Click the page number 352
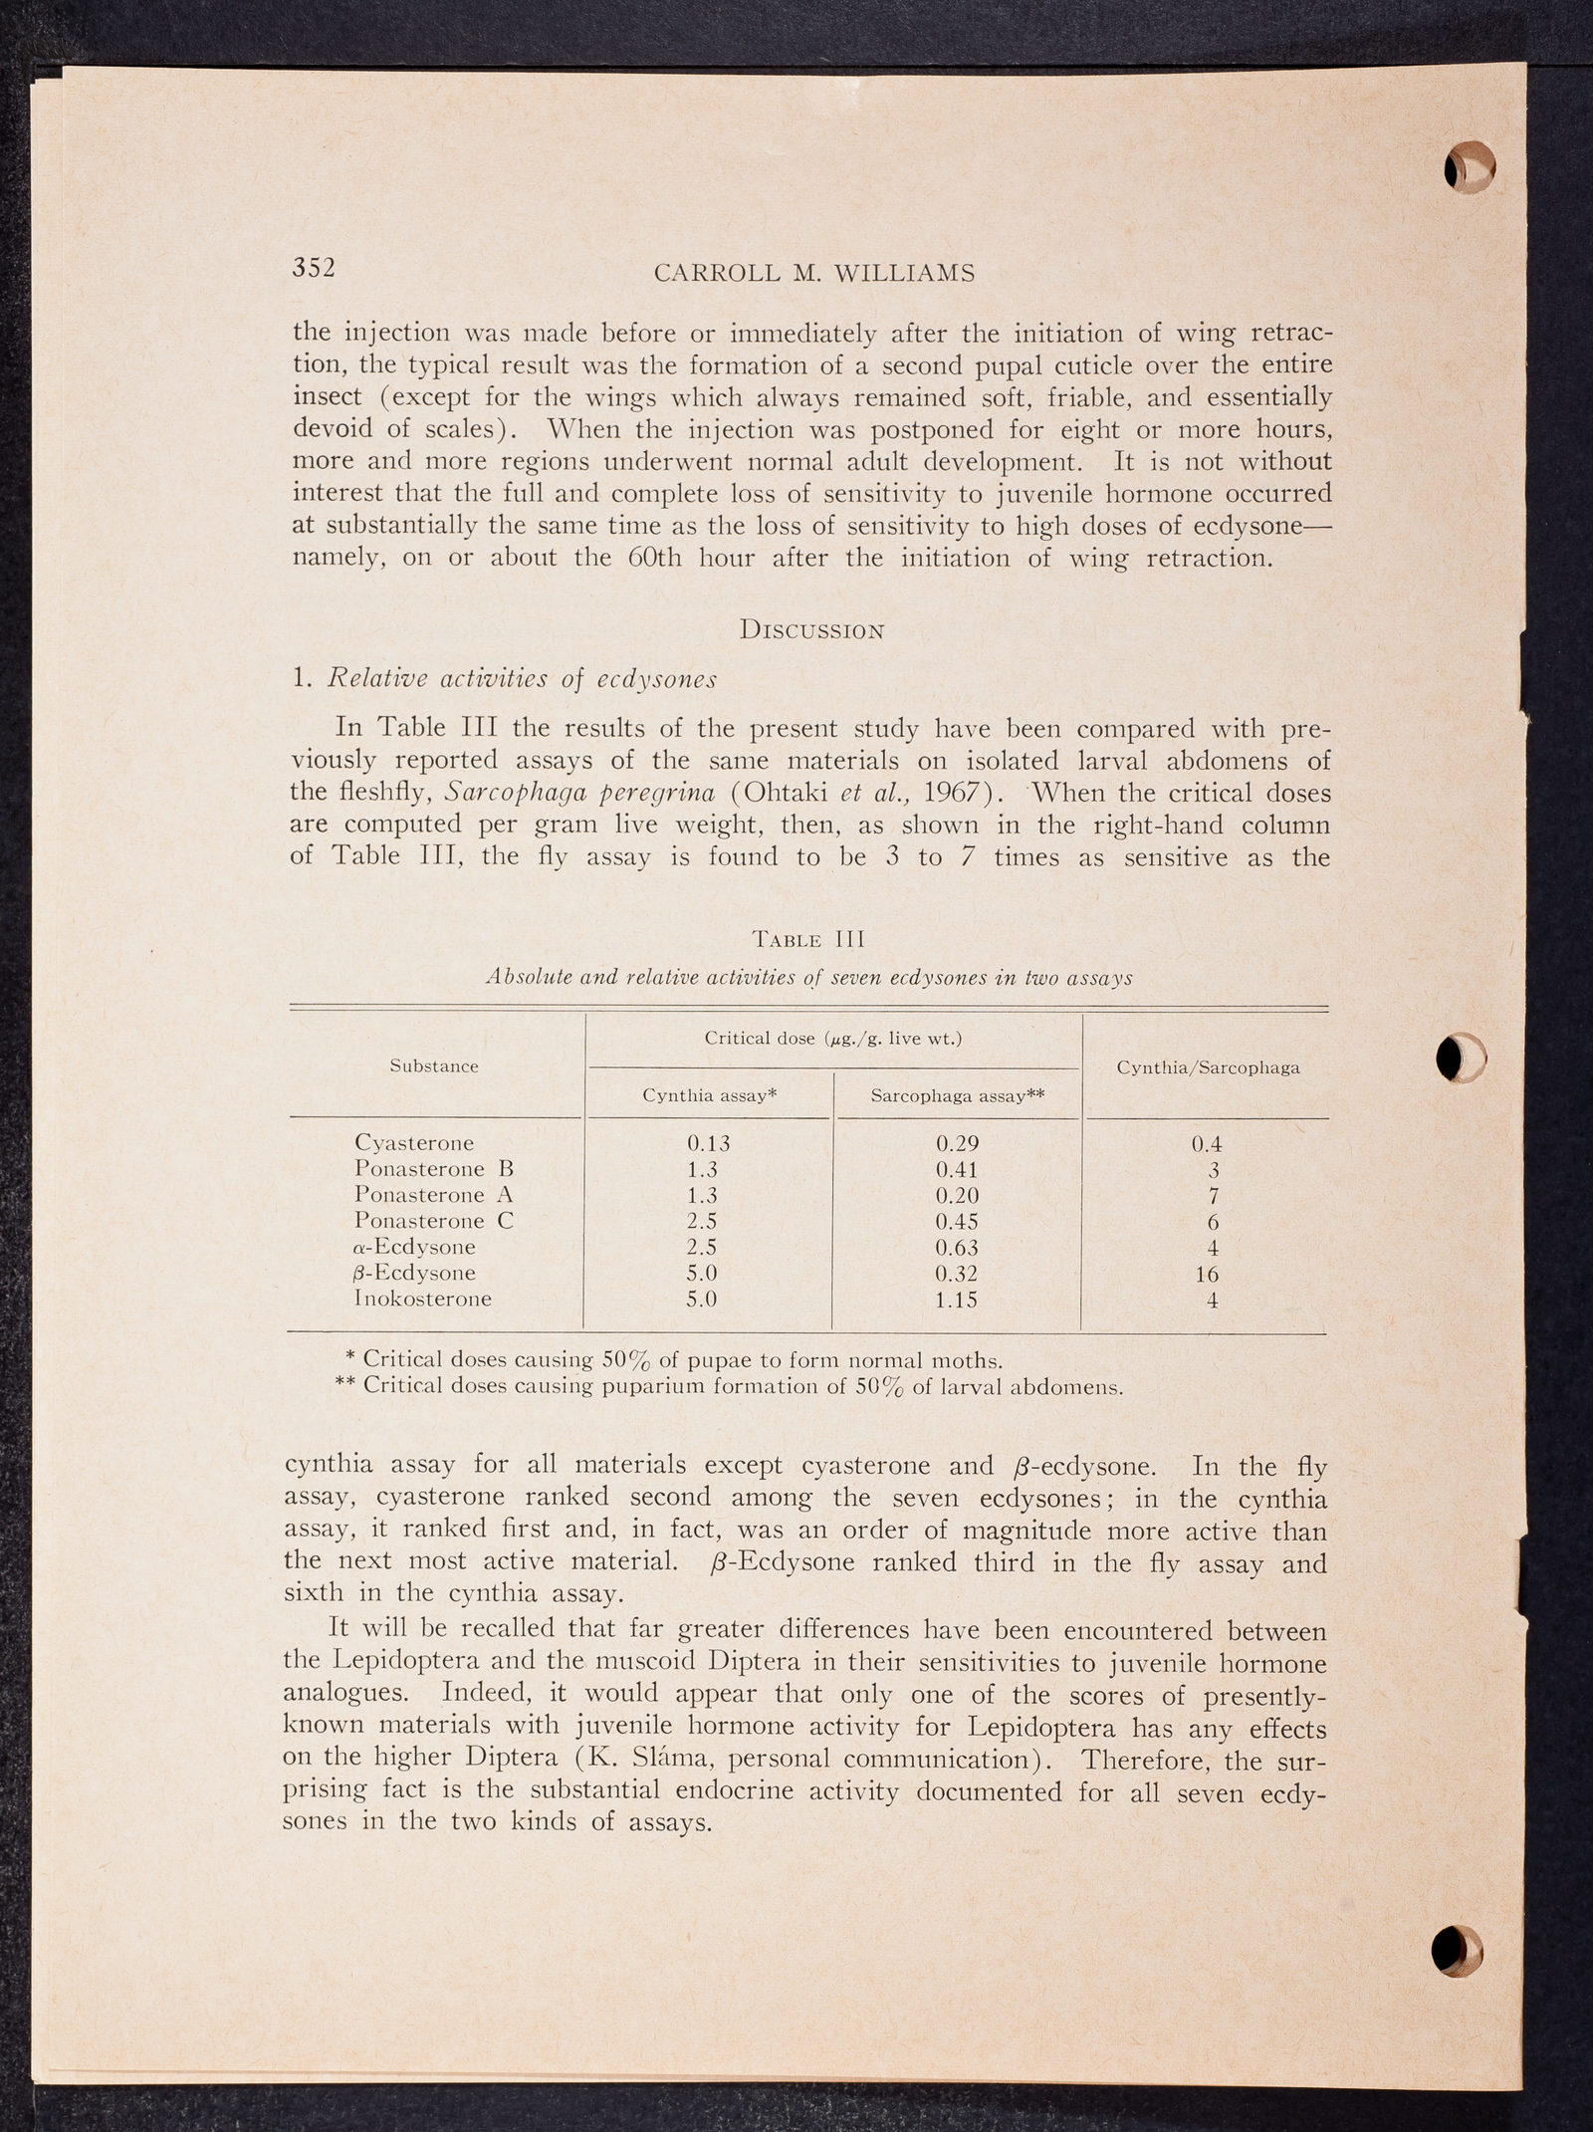(314, 268)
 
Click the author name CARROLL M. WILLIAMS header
(814, 274)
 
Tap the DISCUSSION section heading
(812, 630)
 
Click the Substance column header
(434, 1066)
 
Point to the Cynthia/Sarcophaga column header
(1208, 1067)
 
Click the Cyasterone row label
(414, 1142)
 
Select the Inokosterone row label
(423, 1299)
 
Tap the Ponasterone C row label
(434, 1221)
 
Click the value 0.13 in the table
(708, 1143)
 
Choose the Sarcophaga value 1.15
(957, 1300)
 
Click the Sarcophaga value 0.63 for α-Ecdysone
(957, 1248)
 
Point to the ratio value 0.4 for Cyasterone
(1207, 1144)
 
